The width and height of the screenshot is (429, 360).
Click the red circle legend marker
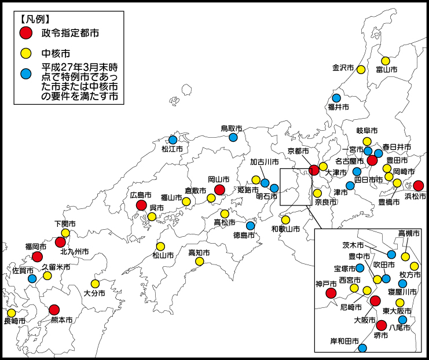[25, 33]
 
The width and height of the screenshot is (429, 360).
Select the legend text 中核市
[54, 53]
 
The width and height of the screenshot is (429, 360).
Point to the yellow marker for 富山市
[386, 61]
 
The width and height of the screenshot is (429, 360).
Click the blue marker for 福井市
[336, 98]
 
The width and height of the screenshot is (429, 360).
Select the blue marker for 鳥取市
[233, 137]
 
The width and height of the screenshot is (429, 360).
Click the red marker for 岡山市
[219, 190]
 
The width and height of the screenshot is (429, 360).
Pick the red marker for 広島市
[141, 205]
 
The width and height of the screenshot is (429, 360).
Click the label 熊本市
[61, 319]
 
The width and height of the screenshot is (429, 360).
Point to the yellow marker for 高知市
[200, 262]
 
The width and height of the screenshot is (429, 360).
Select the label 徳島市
[244, 235]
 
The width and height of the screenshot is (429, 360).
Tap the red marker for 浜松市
[418, 186]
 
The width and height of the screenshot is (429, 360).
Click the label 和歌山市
[285, 229]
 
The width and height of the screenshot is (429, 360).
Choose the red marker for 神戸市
[331, 293]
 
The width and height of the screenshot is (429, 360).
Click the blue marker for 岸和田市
[362, 348]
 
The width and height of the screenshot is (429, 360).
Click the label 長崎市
[14, 321]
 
